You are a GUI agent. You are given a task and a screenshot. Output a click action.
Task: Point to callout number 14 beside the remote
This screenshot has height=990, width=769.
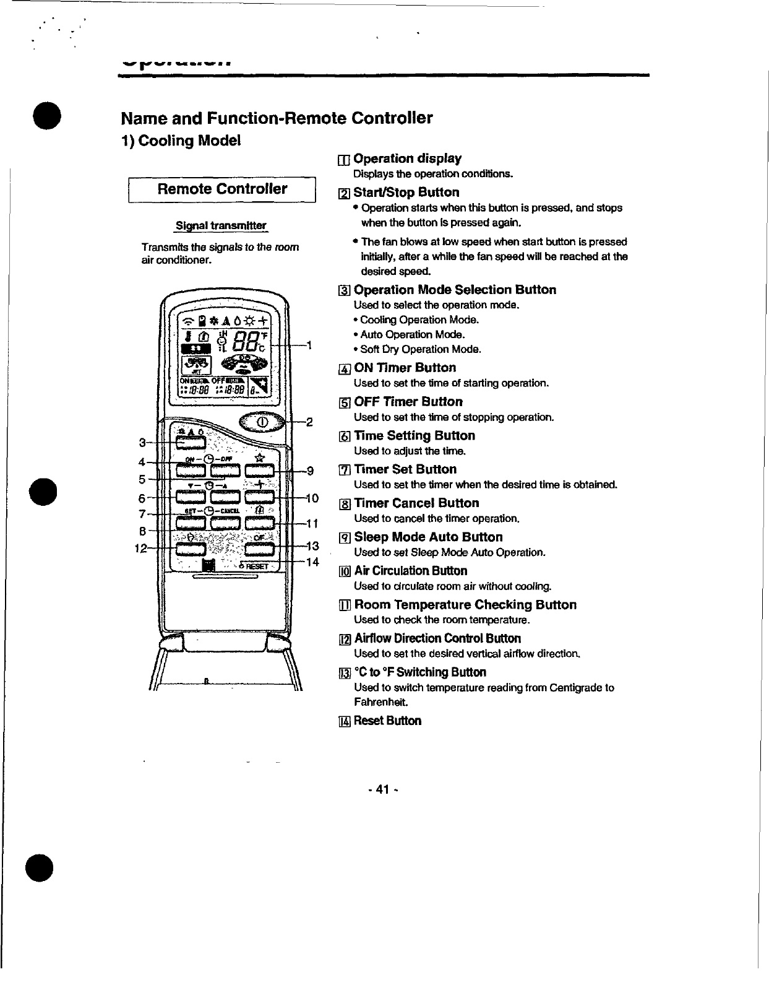click(312, 562)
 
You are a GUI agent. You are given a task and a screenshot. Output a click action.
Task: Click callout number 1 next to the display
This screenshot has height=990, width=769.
click(308, 345)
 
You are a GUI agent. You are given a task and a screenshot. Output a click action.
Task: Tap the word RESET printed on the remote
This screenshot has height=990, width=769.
click(256, 567)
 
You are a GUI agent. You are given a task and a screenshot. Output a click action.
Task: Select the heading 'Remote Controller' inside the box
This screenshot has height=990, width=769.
click(222, 189)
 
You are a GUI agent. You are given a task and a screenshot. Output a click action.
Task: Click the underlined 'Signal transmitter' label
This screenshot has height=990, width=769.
click(221, 225)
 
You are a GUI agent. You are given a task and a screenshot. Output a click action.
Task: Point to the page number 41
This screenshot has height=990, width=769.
click(383, 789)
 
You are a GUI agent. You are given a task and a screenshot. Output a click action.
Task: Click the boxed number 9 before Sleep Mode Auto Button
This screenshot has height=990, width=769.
click(345, 537)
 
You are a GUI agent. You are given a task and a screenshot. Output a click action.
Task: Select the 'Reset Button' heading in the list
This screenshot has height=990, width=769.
click(387, 721)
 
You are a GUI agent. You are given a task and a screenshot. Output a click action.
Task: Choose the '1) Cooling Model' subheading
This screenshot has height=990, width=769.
click(181, 141)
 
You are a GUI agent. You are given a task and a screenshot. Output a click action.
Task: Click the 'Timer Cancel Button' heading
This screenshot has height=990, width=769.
click(416, 503)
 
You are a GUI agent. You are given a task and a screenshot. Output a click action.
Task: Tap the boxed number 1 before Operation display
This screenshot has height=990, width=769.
click(344, 159)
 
